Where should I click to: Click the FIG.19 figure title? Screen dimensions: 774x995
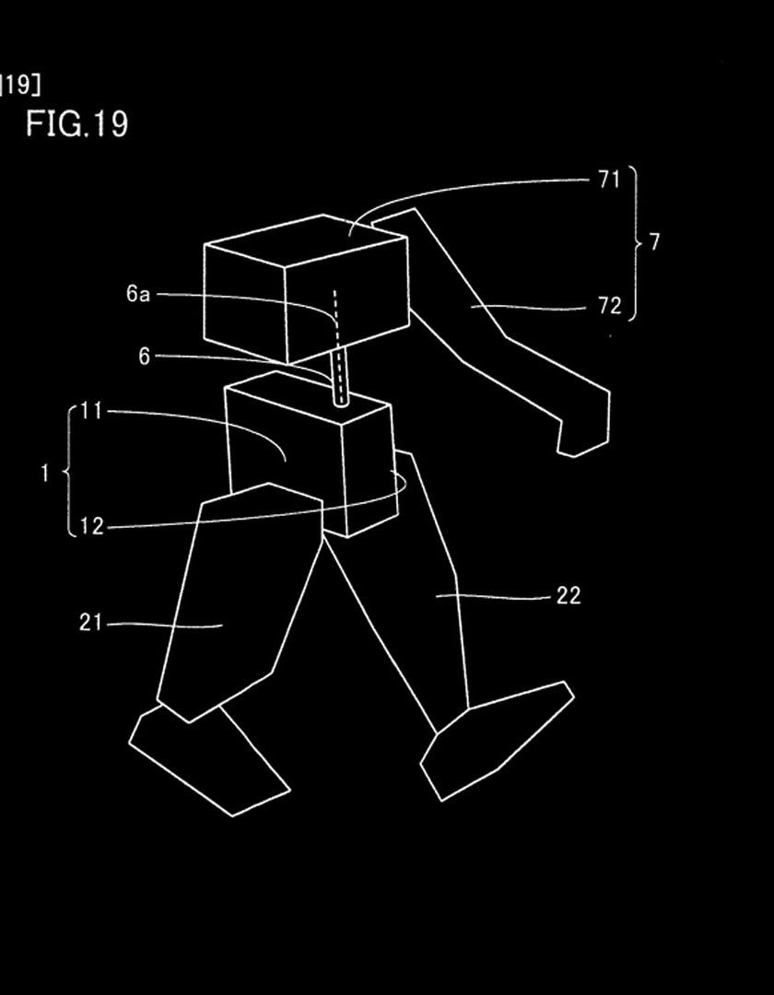coord(76,123)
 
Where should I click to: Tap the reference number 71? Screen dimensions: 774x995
coord(609,180)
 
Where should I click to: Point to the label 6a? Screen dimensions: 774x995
coord(138,294)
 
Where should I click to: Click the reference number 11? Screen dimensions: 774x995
coord(91,411)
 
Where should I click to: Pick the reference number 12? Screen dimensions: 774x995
coord(92,527)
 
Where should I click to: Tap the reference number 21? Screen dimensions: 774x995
coord(90,623)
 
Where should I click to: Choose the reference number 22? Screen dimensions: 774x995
coord(569,596)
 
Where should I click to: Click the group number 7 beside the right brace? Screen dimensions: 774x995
coord(655,241)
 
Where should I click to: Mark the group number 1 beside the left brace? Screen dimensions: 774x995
coord(44,474)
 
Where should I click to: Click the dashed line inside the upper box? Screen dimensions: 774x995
coord(336,345)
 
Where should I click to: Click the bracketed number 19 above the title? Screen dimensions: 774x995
coord(19,85)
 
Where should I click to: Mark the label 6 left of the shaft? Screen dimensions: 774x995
coord(144,357)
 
